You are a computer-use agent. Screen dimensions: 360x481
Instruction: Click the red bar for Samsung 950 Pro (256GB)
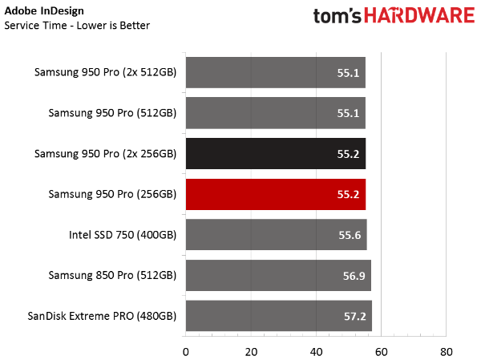(x=275, y=194)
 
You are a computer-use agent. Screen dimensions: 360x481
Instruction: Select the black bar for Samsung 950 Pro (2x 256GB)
(x=275, y=153)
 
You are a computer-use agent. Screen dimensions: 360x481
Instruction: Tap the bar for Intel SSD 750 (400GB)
(x=276, y=235)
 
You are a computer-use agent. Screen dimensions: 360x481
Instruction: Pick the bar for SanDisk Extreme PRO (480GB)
(x=278, y=317)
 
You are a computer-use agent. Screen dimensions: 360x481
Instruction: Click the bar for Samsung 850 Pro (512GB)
(x=277, y=276)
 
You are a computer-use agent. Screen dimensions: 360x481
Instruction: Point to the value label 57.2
(x=355, y=317)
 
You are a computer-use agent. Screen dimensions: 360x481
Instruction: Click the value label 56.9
(x=354, y=276)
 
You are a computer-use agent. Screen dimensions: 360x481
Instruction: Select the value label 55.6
(x=350, y=235)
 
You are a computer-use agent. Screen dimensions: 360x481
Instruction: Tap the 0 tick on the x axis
(x=185, y=351)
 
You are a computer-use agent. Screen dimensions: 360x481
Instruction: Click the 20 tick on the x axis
(x=251, y=351)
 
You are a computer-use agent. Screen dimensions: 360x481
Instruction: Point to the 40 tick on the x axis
(x=316, y=351)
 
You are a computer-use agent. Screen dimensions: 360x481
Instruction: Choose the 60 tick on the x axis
(x=381, y=351)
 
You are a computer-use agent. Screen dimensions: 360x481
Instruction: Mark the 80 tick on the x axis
(x=447, y=351)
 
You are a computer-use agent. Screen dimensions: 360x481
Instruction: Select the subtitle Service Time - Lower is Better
(x=77, y=25)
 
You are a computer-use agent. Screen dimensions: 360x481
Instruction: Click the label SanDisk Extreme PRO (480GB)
(x=102, y=317)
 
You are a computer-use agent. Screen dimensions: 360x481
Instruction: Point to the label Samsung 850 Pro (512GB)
(x=111, y=276)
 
